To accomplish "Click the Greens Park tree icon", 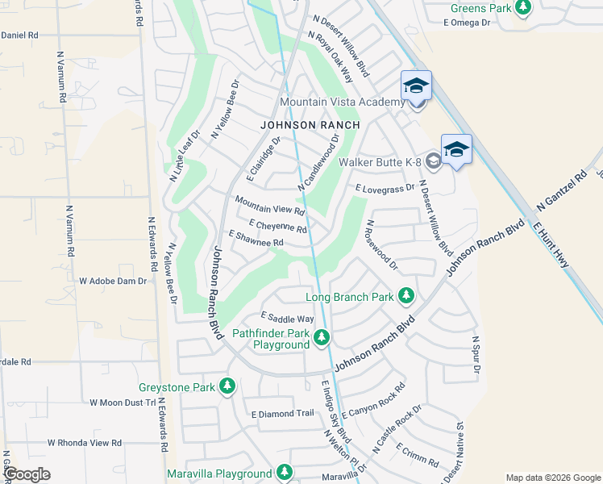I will tap(524, 7).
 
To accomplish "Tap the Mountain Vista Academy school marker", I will tap(416, 86).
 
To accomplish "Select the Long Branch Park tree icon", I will tap(406, 297).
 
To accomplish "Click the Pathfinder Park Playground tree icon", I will tap(322, 336).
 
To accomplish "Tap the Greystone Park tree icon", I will tap(228, 387).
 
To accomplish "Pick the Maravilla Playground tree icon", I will tap(284, 473).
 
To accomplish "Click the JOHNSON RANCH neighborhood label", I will tap(310, 125).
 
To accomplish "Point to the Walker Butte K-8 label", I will tap(381, 162).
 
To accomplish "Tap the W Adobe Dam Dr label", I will tap(113, 282).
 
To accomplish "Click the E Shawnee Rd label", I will tap(257, 238).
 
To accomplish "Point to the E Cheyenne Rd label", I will tap(278, 225).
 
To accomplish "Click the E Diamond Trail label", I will tap(282, 414).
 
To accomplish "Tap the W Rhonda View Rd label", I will tap(84, 443).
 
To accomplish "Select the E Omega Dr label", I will tap(467, 23).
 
